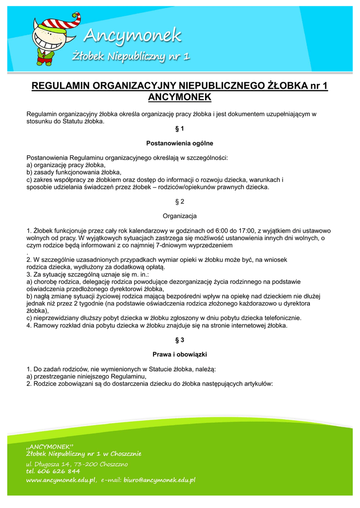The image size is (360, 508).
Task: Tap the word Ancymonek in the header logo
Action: pos(133,36)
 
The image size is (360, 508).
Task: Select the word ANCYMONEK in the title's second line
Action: pos(180,97)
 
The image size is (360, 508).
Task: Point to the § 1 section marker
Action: pos(180,129)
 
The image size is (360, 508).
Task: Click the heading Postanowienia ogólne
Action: pos(180,143)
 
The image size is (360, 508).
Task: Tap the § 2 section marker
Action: pos(180,201)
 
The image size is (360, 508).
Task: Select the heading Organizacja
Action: pos(180,216)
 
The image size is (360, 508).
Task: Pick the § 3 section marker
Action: pos(180,340)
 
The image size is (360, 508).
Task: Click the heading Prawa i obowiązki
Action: pos(180,354)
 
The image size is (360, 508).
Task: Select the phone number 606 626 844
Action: pos(58,471)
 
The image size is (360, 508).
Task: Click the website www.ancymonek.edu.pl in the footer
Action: pos(61,480)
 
